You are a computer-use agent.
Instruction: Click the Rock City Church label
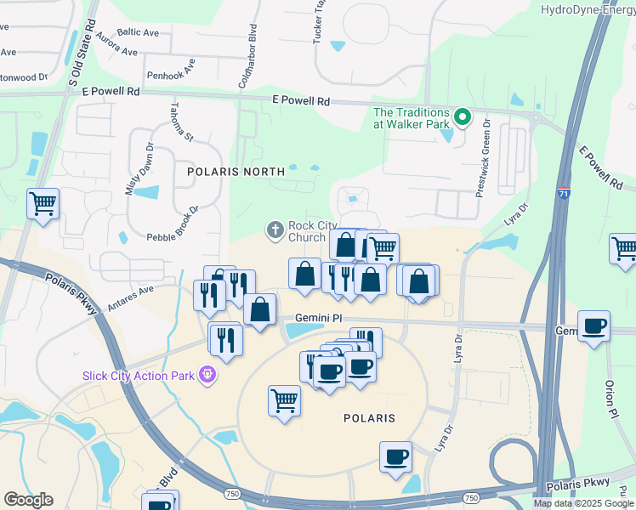pos(307,231)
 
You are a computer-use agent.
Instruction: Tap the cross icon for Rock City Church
pos(275,229)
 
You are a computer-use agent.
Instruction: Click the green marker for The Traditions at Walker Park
pos(463,117)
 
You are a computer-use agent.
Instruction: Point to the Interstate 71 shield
pos(565,194)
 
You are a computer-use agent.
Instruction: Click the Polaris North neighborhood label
pos(236,171)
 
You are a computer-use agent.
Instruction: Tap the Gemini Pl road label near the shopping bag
pos(318,318)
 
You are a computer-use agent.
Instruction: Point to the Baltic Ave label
pos(139,32)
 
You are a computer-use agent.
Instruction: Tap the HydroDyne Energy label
pos(588,9)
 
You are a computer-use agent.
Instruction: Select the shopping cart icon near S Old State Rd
pos(43,204)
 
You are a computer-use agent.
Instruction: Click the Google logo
pos(28,500)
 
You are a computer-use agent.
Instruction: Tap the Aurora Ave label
pos(116,47)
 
